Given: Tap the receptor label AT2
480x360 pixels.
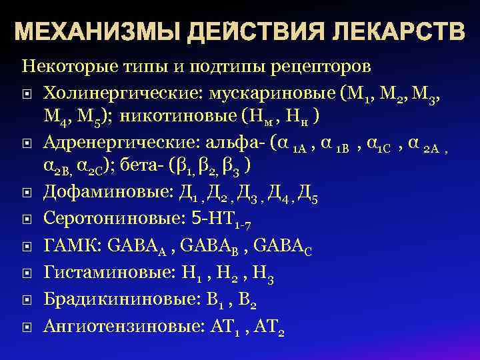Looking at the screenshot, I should coord(271,326).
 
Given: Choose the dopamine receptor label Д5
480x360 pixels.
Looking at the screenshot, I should coord(309,193).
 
